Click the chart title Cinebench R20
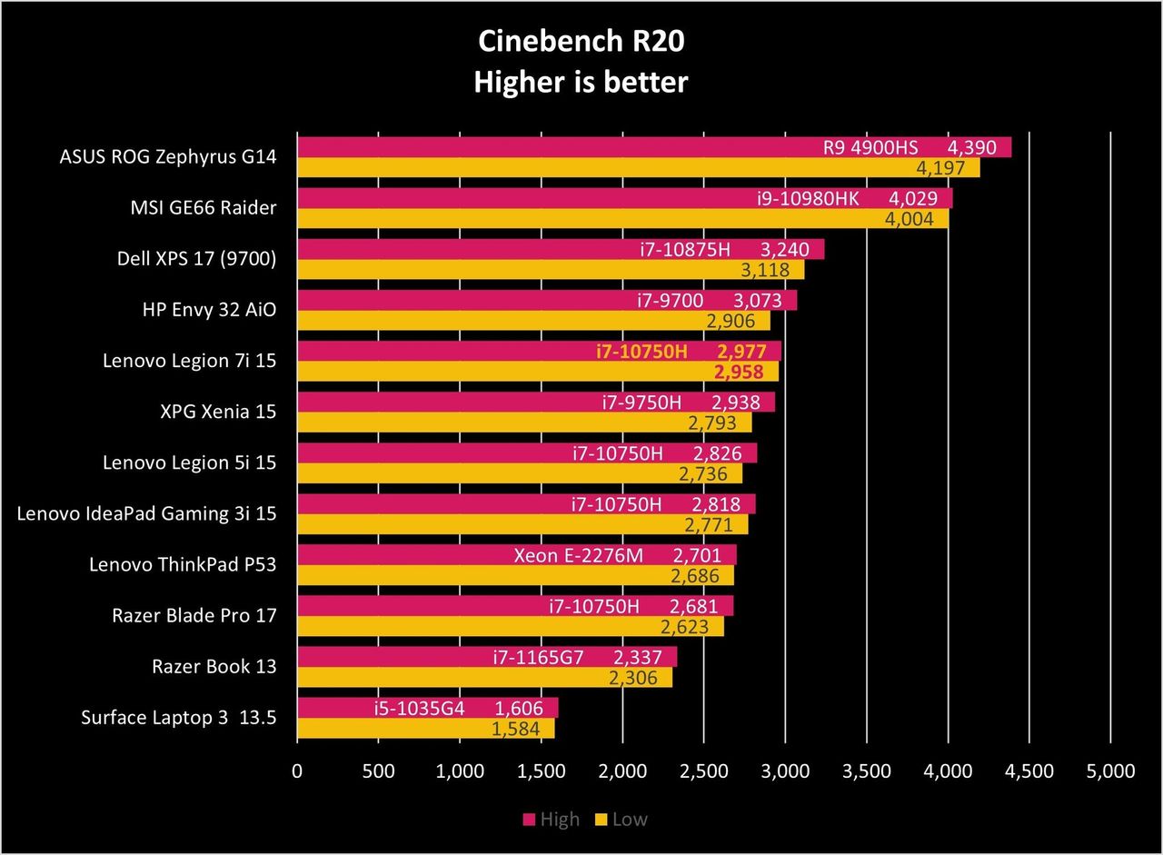[x=581, y=41]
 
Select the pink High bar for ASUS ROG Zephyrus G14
[x=654, y=147]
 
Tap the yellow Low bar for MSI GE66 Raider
[x=623, y=219]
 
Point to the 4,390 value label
[x=972, y=148]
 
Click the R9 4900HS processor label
[x=870, y=148]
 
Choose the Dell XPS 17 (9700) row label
[x=197, y=259]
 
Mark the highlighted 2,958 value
[x=739, y=372]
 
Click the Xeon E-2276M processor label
[x=579, y=555]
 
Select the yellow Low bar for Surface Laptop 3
[x=426, y=728]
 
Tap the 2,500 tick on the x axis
[x=703, y=770]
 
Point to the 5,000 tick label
[x=1110, y=770]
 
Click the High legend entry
[x=551, y=820]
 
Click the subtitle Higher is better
[x=581, y=82]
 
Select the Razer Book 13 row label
[x=214, y=667]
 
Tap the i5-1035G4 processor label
[x=419, y=708]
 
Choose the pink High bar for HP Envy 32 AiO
[x=547, y=301]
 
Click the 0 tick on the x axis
[x=297, y=770]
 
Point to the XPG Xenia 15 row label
[x=218, y=412]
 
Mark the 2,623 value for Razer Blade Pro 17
[x=684, y=627]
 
